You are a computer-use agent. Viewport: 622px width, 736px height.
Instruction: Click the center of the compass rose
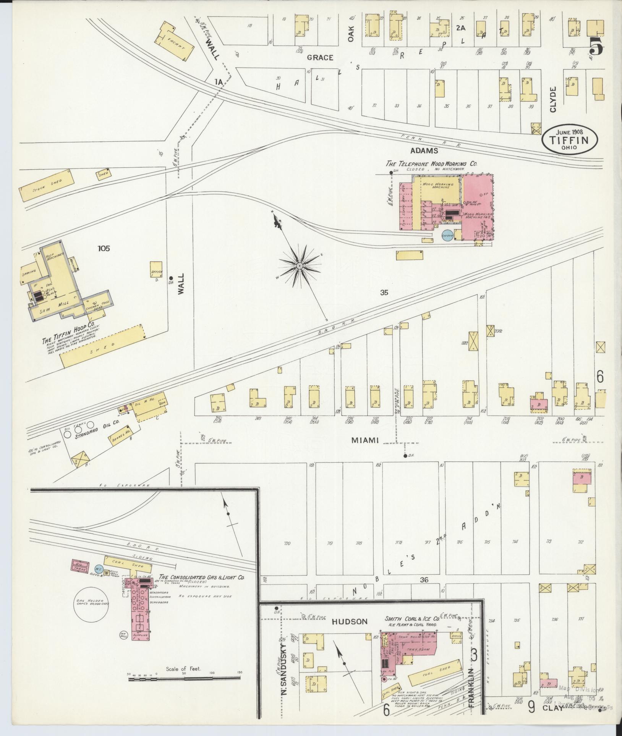point(300,265)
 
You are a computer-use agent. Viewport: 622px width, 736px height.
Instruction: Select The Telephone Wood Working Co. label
point(431,163)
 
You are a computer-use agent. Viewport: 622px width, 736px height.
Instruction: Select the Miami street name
point(364,440)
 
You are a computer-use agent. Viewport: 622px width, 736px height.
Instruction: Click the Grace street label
point(320,58)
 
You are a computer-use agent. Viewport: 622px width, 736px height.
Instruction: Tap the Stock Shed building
point(47,185)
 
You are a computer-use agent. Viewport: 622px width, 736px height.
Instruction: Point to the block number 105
point(104,249)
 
